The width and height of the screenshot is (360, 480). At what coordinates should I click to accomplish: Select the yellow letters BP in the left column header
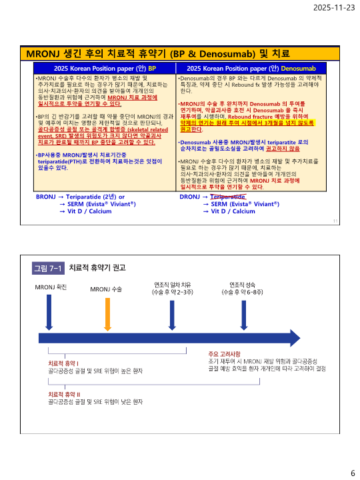151,69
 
